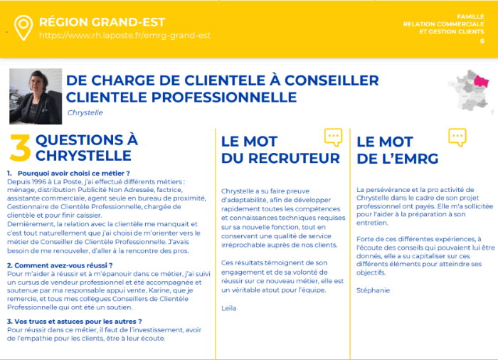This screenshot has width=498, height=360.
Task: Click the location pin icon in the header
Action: (24, 28)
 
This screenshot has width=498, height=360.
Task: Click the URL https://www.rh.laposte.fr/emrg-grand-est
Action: (124, 35)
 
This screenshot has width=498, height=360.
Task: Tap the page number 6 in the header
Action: (482, 41)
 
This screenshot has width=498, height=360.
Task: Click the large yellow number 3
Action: (21, 149)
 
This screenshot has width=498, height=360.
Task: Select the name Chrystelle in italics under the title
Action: (85, 112)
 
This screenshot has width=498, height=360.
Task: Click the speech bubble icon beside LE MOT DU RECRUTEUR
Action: (333, 137)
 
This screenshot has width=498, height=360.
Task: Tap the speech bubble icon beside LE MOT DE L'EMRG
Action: (457, 137)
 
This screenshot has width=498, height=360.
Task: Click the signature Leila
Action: (228, 308)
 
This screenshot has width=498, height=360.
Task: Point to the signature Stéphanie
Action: (372, 290)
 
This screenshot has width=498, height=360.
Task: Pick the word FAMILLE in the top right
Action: (470, 16)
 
